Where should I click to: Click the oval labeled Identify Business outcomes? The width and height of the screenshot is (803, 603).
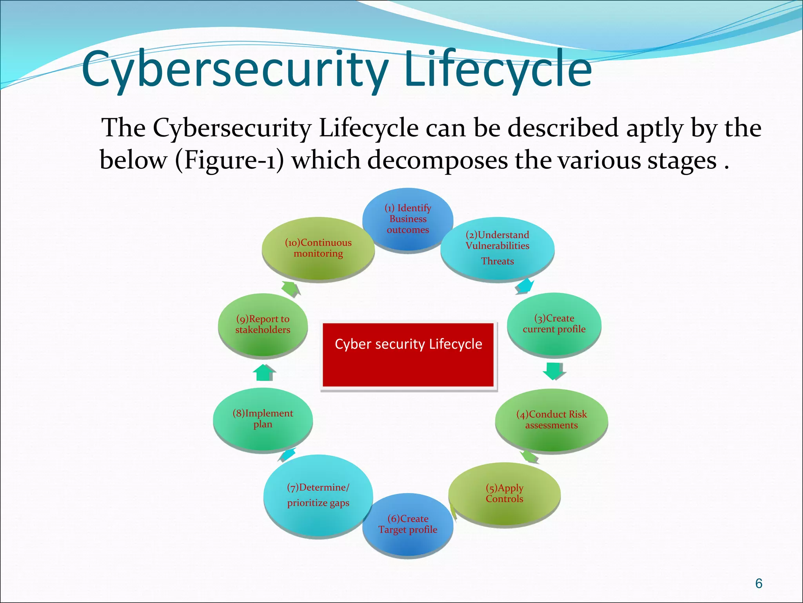click(x=408, y=219)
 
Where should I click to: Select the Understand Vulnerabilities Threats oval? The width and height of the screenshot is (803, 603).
click(x=497, y=248)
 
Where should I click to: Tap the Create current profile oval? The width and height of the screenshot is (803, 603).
click(x=554, y=324)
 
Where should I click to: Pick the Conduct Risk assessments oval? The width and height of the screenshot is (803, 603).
click(x=551, y=420)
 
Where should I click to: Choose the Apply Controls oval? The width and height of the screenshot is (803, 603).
click(x=504, y=493)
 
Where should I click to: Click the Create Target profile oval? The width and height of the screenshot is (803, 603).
click(x=408, y=524)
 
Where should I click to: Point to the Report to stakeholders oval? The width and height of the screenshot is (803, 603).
click(x=263, y=324)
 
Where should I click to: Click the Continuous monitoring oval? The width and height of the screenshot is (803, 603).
click(x=318, y=248)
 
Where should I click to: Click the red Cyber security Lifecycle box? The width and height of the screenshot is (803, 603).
click(x=408, y=354)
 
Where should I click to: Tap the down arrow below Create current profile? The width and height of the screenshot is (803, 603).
click(x=554, y=371)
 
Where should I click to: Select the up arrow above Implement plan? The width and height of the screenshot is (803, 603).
click(x=264, y=372)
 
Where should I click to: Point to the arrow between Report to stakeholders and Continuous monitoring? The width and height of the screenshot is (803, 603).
click(x=291, y=289)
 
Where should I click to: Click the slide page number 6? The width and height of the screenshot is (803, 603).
click(x=759, y=583)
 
